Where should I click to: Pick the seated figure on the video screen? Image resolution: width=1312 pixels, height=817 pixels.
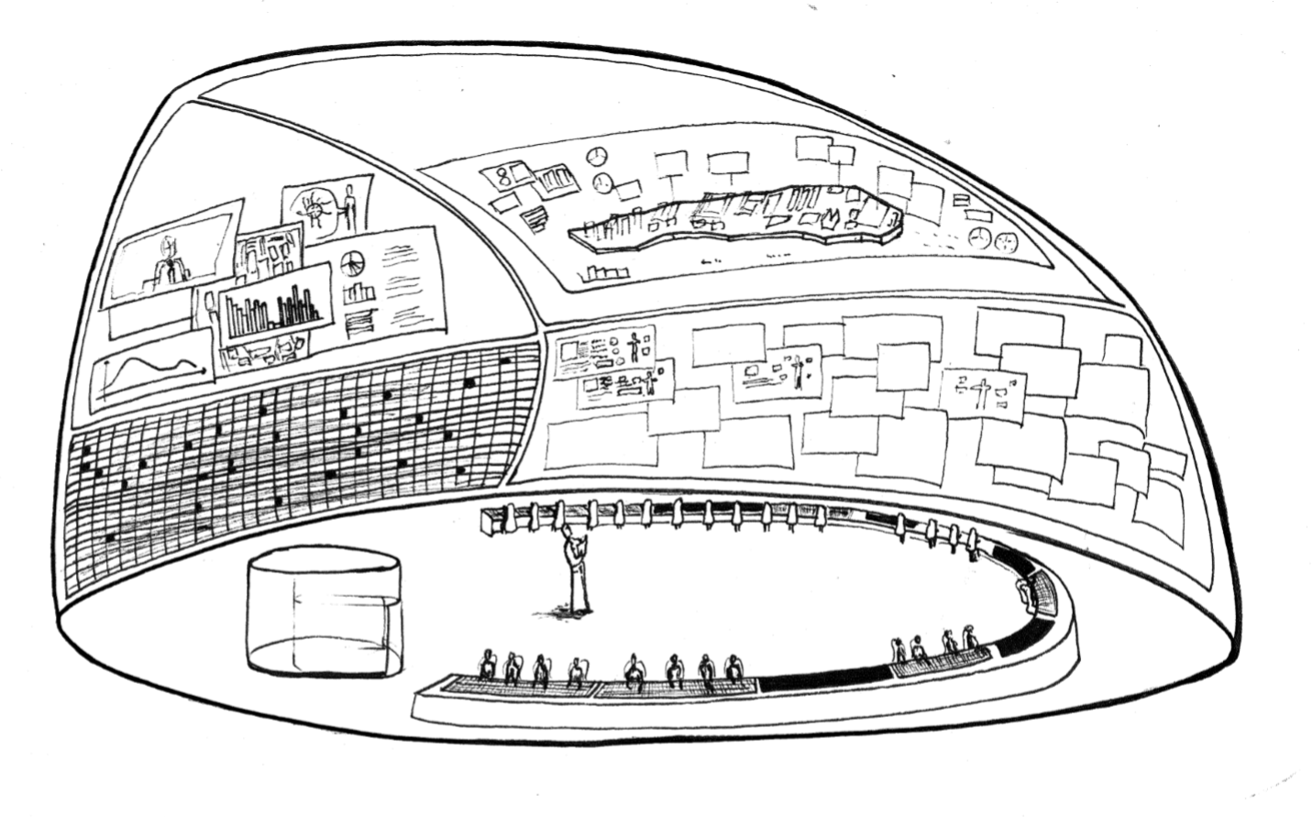coord(170,259)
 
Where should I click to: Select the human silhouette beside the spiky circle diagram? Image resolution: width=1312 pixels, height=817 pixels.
coord(349,205)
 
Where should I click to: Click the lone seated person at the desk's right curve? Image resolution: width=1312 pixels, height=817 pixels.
coord(1024,591)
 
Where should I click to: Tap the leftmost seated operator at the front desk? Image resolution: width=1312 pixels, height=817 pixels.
coord(487,665)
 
